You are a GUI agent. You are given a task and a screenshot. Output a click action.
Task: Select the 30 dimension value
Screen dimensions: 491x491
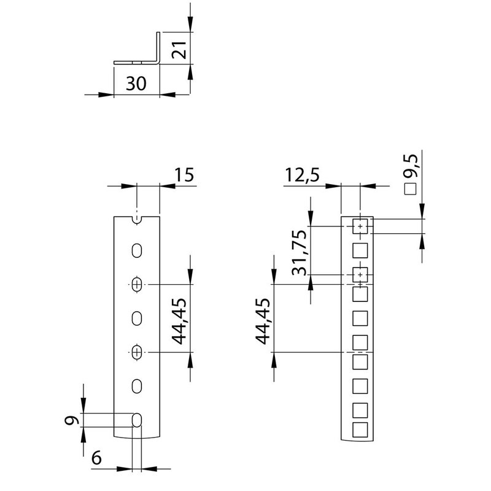(x=136, y=83)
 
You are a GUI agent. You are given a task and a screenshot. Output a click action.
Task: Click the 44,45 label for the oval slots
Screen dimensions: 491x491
(x=179, y=318)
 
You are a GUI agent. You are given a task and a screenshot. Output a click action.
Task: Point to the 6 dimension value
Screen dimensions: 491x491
(x=97, y=457)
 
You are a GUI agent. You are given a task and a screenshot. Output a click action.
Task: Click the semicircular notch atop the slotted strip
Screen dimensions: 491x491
(x=137, y=219)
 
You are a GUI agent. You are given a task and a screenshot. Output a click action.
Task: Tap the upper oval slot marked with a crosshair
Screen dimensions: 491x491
(x=137, y=284)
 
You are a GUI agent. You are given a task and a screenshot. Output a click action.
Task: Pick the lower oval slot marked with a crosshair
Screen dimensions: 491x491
(x=137, y=352)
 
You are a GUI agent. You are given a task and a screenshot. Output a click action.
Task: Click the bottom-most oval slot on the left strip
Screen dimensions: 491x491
(x=137, y=420)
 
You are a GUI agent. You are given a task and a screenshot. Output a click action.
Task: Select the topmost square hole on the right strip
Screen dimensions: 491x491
(x=360, y=227)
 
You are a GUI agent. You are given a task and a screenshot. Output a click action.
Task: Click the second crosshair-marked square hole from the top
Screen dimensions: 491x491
(x=360, y=274)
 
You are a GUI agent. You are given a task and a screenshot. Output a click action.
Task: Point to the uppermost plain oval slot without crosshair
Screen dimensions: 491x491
(x=137, y=250)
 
